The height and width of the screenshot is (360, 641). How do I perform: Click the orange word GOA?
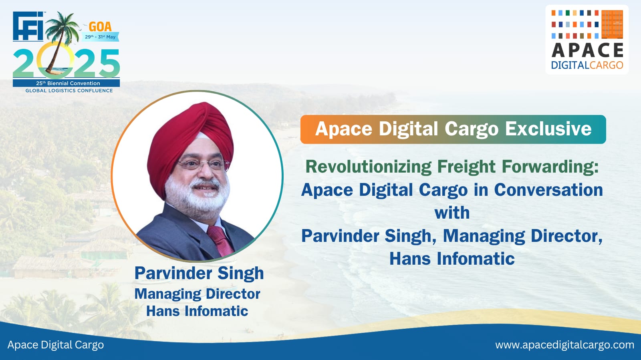pos(100,27)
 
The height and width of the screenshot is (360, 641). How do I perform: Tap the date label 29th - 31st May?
pos(100,37)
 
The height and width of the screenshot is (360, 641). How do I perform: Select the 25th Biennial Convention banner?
pos(67,83)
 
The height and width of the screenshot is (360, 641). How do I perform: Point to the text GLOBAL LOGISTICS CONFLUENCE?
pos(69,91)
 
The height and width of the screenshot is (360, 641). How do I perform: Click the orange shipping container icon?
pos(612,24)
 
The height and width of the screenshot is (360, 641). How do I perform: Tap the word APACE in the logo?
pos(587,50)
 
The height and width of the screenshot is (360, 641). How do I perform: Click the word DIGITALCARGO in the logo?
pos(587,65)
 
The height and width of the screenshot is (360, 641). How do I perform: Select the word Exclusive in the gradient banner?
pos(548,129)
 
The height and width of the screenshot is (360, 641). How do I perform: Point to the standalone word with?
pos(452,213)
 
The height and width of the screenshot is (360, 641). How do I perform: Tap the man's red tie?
pos(220,241)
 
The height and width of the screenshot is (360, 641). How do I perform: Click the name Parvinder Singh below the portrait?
pos(199,274)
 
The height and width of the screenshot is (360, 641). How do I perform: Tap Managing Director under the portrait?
pos(198,294)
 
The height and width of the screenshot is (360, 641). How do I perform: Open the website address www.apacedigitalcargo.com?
pos(564,345)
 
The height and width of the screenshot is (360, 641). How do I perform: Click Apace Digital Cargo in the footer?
pos(56,345)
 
